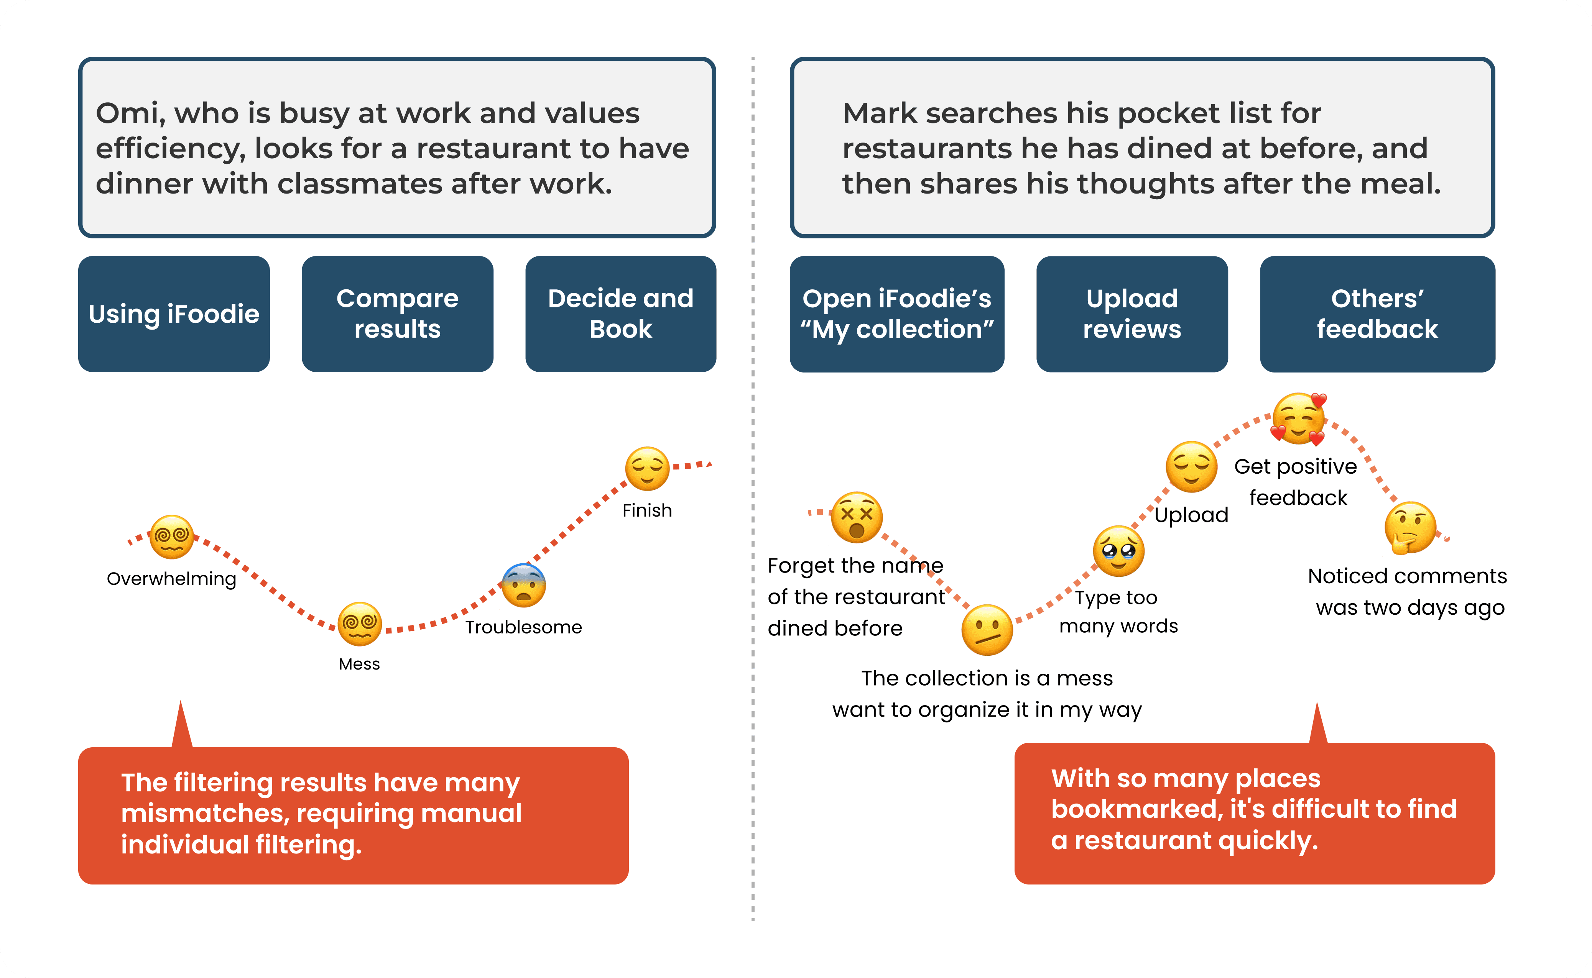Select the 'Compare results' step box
(x=397, y=314)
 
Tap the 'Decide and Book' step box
(x=621, y=314)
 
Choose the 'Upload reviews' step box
(x=1132, y=314)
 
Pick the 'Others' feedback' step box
(x=1377, y=314)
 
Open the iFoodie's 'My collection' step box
(x=897, y=314)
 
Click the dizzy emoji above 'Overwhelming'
(x=171, y=537)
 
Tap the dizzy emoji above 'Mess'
(x=360, y=624)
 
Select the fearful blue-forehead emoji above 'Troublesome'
(x=523, y=585)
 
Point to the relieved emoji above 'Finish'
(x=647, y=468)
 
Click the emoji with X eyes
(x=857, y=517)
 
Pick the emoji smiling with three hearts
(x=1299, y=419)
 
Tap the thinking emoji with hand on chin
(x=1410, y=528)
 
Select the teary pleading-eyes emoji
(x=1118, y=551)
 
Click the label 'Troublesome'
(x=523, y=627)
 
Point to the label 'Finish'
(x=647, y=510)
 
